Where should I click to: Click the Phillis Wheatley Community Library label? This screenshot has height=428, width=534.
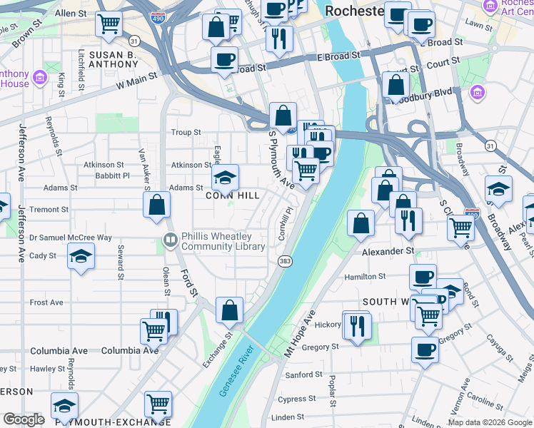222,241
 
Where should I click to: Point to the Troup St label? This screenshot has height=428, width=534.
186,133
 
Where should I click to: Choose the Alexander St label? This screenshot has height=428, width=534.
388,251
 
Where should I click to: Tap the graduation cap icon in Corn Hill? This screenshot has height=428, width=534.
225,177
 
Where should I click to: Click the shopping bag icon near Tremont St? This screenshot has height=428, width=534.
156,205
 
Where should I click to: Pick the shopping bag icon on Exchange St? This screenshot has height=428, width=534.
229,310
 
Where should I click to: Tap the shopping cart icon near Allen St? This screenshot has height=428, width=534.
109,24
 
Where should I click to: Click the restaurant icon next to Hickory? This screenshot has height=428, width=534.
356,326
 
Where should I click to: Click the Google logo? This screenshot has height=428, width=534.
23,419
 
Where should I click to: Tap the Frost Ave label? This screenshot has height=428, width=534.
46,302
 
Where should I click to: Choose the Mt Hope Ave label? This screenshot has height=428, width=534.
300,333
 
